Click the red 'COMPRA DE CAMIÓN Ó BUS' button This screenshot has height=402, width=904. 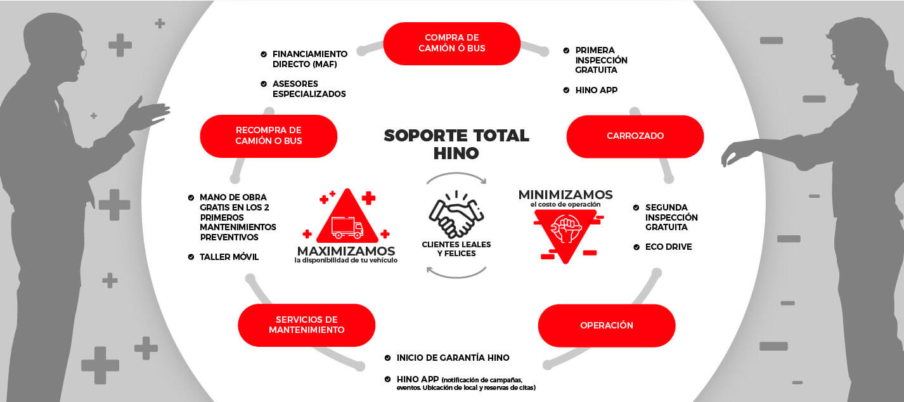tap(451, 43)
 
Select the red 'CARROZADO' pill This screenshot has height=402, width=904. tap(635, 136)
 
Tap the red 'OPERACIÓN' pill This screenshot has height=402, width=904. tap(607, 325)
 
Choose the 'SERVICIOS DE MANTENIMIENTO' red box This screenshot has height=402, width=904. tap(307, 325)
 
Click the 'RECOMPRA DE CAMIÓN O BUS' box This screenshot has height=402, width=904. tap(268, 136)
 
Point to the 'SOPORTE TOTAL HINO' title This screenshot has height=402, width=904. tap(456, 144)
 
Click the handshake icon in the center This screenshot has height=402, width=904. tap(456, 214)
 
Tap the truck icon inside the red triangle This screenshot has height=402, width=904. tap(347, 227)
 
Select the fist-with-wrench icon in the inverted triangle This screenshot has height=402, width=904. tap(565, 228)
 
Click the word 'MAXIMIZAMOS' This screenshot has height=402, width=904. tap(346, 251)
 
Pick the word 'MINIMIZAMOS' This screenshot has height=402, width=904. tap(565, 195)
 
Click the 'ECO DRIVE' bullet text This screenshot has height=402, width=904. tap(668, 247)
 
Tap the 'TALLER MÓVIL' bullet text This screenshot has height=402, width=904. tap(229, 257)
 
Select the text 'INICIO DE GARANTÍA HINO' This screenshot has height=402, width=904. tap(453, 358)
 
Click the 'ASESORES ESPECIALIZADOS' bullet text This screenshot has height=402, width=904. tap(309, 89)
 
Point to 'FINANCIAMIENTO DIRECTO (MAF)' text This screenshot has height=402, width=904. tap(310, 59)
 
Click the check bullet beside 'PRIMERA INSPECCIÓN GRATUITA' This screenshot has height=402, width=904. tap(566, 51)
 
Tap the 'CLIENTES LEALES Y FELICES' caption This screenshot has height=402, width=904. tap(456, 249)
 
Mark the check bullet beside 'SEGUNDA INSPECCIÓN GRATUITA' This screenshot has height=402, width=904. tap(636, 207)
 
